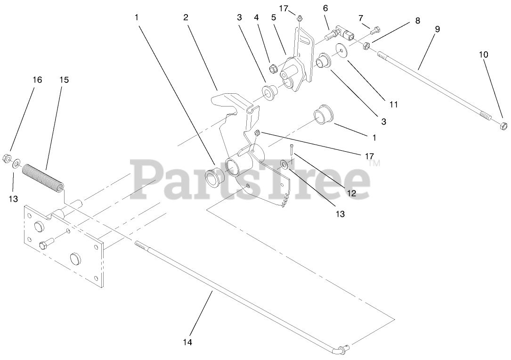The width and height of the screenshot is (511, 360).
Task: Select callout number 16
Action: click(37, 80)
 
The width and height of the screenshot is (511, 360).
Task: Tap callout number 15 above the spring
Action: click(64, 80)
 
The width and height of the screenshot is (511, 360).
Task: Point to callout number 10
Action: click(484, 54)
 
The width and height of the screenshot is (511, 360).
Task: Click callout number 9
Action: click(438, 29)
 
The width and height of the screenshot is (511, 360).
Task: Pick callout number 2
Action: click(186, 17)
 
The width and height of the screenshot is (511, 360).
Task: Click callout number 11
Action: click(394, 104)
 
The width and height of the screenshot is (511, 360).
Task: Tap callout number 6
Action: click(325, 8)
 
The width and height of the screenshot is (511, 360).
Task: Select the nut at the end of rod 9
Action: click(503, 126)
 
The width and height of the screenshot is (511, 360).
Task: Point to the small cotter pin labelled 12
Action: click(292, 150)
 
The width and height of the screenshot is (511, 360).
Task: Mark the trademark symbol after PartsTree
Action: click(375, 164)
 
